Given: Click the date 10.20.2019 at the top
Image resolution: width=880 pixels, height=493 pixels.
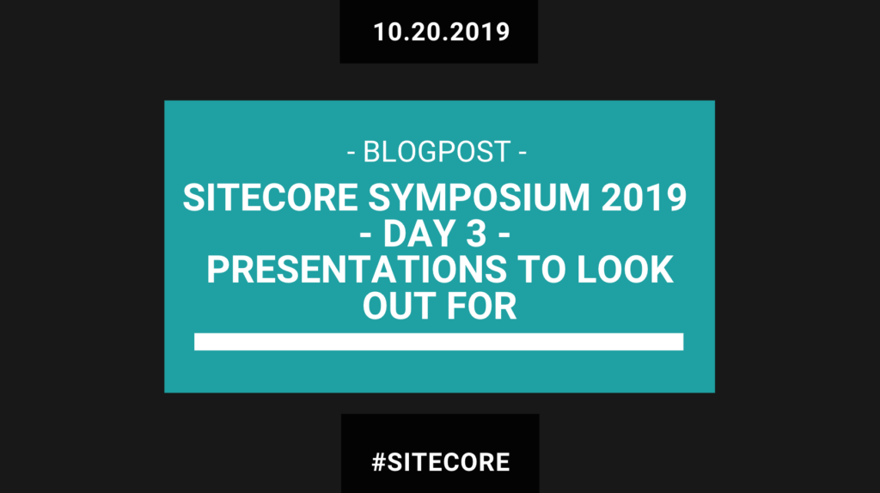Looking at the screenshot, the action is coord(441,32).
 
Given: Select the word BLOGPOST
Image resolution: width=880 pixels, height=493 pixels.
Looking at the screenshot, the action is coord(437,152).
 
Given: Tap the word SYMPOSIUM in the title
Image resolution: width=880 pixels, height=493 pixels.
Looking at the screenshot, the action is coord(479,198).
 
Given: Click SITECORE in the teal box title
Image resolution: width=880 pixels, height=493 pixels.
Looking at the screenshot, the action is coord(271,198).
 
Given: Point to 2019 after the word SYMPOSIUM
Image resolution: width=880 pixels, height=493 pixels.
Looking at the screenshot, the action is coord(644,198).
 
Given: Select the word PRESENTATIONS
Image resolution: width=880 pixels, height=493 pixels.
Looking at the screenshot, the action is coord(357,270).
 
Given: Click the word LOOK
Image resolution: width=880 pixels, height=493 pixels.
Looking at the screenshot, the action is coord(626,270).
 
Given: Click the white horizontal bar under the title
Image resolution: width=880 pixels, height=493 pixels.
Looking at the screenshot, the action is coord(439,342).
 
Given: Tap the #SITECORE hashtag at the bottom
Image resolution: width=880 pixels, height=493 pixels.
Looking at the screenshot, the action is coord(441,462).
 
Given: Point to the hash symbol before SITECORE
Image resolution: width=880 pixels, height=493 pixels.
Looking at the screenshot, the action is coord(379,462).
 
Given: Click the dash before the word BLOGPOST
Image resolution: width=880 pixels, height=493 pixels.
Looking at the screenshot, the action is coord(351,153).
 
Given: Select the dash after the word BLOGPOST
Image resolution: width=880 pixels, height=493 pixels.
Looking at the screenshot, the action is coord(522,153).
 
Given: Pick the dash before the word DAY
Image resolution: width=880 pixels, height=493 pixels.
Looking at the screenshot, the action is coord(365,235).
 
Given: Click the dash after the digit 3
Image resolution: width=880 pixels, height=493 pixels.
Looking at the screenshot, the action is coord(504,235).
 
